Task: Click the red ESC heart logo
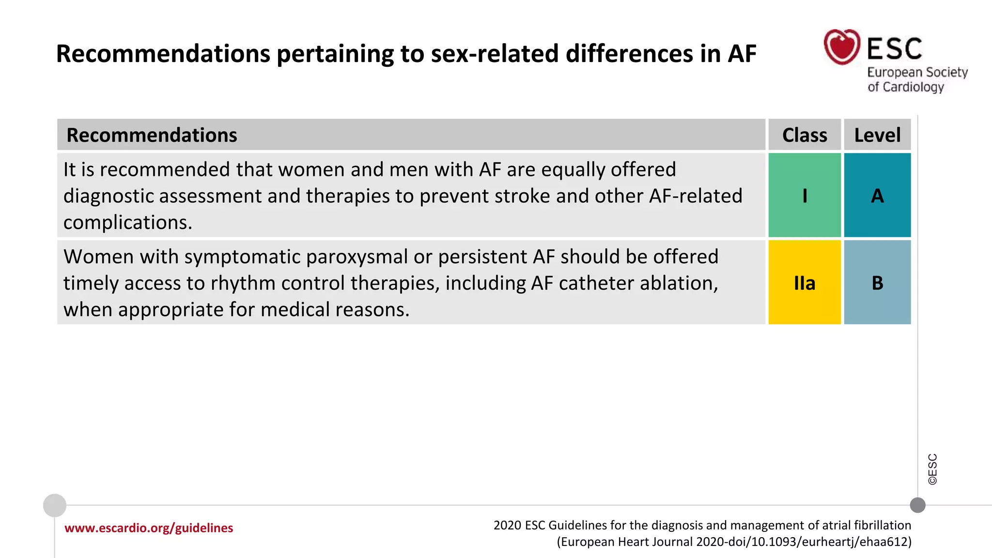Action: point(842,47)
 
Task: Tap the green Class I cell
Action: point(805,195)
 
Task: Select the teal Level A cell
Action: point(877,195)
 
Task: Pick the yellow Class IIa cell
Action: point(805,282)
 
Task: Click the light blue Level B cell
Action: point(877,282)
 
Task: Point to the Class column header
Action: point(805,135)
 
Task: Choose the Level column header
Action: point(877,135)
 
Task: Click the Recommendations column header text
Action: point(152,135)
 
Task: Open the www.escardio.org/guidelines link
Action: point(149,528)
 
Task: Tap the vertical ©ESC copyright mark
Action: point(932,469)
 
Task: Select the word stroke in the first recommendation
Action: point(522,196)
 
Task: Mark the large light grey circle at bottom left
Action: point(55,505)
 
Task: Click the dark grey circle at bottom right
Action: point(917,505)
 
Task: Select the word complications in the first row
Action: point(127,222)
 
